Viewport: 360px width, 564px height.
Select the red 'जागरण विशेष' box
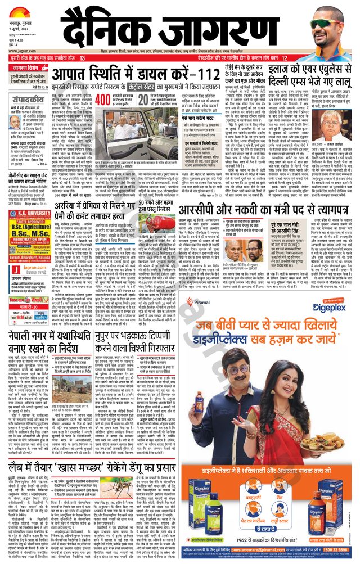pos(29,68)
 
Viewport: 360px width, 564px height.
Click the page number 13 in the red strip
pos(83,58)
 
